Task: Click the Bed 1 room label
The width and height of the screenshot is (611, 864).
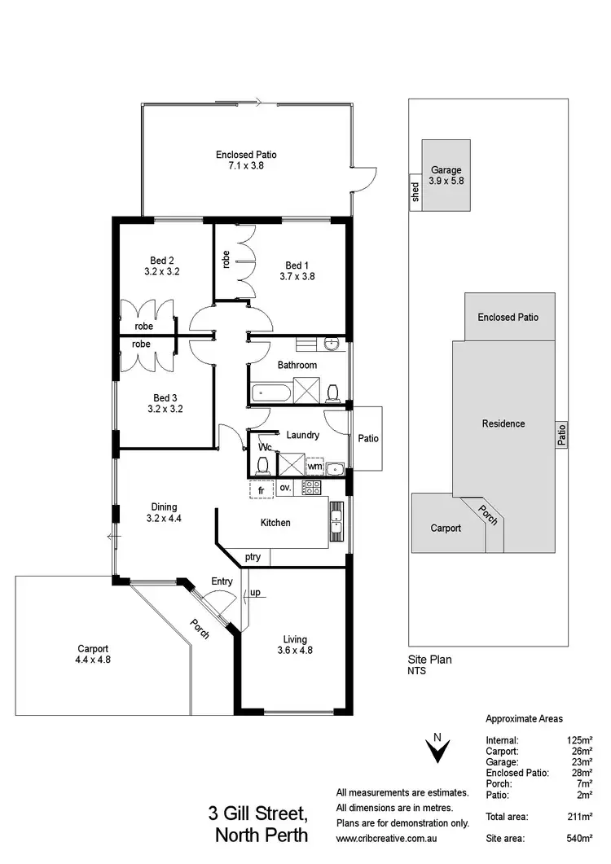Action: coord(297,270)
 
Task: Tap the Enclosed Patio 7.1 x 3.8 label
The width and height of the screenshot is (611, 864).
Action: coord(241,160)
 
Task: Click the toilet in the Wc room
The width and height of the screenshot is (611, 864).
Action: coord(262,465)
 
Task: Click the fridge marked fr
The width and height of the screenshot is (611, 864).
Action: coord(262,490)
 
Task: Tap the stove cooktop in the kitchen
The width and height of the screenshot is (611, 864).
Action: coord(311,488)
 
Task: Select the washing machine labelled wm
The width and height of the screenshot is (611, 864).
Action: coord(314,467)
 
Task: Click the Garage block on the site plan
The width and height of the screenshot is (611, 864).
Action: coord(446,175)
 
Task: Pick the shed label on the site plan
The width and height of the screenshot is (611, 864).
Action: coord(415,192)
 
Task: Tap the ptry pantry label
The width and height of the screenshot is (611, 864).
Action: coord(253,558)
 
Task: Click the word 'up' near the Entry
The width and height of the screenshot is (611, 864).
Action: coord(255,592)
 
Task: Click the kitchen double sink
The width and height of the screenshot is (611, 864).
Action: coord(336,521)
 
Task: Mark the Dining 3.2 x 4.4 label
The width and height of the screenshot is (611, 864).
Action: coord(165,512)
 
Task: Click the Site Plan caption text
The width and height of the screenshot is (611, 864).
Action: coord(429,660)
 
